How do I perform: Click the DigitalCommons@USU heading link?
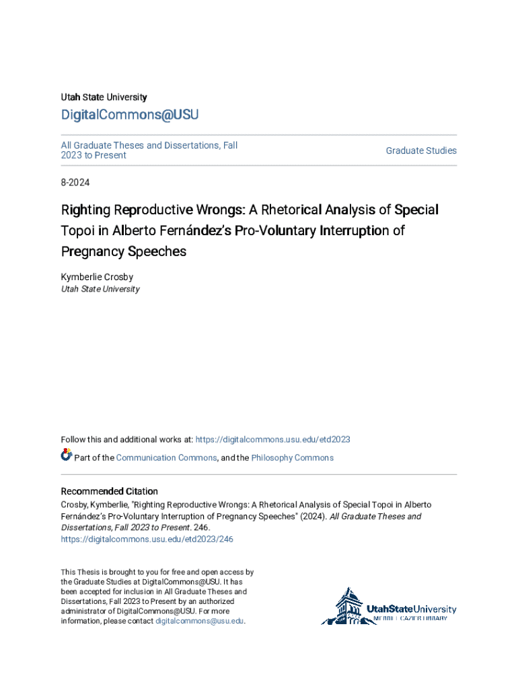tap(130, 115)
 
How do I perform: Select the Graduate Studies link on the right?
tap(421, 150)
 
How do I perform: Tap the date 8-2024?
tap(75, 182)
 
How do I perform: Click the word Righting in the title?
tap(85, 210)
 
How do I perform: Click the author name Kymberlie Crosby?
tap(96, 277)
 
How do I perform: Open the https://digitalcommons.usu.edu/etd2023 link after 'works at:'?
tap(272, 439)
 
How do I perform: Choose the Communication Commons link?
tap(166, 458)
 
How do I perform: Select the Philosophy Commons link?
tap(292, 458)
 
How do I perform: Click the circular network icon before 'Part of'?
tap(67, 456)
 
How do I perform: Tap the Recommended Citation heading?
tap(110, 491)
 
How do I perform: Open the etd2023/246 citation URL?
tap(147, 539)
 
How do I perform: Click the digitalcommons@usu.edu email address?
tap(200, 621)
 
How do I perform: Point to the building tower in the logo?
tap(348, 604)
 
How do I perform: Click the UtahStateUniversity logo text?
tap(411, 609)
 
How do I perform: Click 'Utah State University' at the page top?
tap(104, 97)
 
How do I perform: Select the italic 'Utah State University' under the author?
tap(100, 289)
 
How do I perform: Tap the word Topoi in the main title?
tap(77, 231)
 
